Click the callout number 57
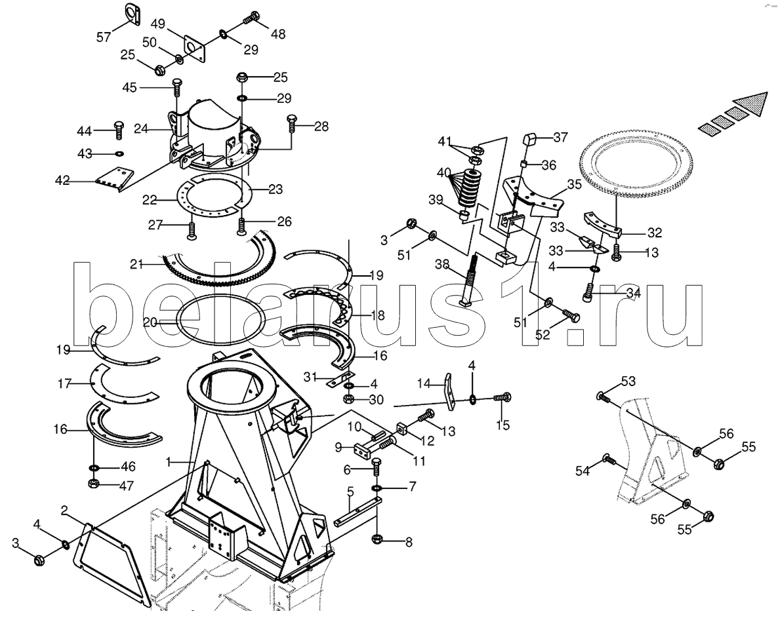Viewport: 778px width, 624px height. coord(104,37)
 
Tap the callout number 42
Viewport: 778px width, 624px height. coord(62,181)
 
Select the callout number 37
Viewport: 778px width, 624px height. coord(561,137)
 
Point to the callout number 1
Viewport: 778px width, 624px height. coord(169,462)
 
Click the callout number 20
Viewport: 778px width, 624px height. coord(151,323)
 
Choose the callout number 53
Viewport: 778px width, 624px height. coord(628,381)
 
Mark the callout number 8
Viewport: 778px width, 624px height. coord(409,542)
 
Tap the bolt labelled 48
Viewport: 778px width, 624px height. coord(252,18)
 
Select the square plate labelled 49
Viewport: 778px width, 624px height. coord(194,49)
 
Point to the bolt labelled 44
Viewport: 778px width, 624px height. coord(119,130)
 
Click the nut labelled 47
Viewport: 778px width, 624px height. coord(92,482)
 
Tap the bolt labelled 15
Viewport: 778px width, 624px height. coord(502,397)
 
